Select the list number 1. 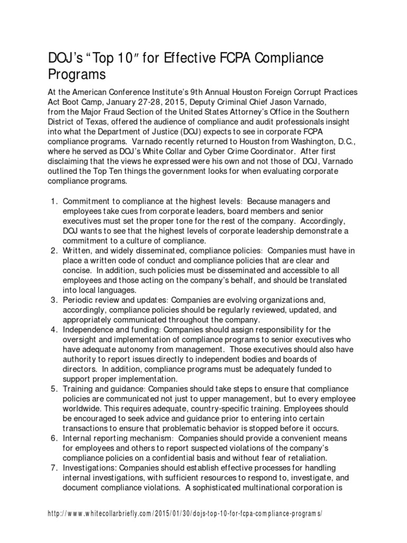pos(53,202)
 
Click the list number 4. pos(53,330)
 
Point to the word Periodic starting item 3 pos(79,300)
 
